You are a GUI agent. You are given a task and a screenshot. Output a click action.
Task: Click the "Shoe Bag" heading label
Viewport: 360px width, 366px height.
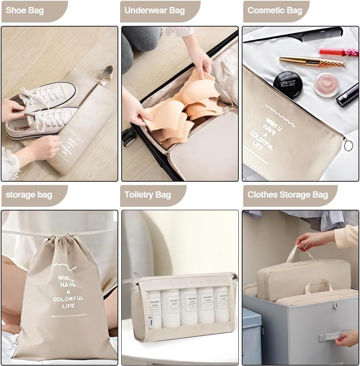[x=25, y=10]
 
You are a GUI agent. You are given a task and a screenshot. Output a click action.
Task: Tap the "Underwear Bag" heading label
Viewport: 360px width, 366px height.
[x=154, y=10]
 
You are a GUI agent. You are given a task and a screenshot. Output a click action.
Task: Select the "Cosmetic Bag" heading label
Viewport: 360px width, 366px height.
[x=275, y=10]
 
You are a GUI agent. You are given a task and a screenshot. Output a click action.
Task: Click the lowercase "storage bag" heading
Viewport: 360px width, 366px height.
[x=29, y=195]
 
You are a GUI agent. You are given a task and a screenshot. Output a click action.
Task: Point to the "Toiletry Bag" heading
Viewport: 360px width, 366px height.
[x=147, y=195]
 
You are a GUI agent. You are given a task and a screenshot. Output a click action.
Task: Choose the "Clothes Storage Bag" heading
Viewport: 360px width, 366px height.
[x=288, y=195]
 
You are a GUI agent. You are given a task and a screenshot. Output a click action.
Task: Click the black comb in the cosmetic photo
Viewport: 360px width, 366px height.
[x=296, y=35]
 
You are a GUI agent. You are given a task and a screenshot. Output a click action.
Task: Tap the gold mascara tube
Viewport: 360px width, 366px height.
[x=312, y=62]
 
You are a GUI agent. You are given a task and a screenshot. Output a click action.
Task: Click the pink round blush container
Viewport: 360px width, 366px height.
[x=326, y=85]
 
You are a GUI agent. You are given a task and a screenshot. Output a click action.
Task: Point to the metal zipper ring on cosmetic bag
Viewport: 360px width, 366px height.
[x=348, y=145]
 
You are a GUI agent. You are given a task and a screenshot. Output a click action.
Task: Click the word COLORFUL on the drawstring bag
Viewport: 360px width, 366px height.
[x=68, y=298]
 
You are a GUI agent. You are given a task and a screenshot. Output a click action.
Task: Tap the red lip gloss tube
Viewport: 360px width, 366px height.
[x=339, y=52]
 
